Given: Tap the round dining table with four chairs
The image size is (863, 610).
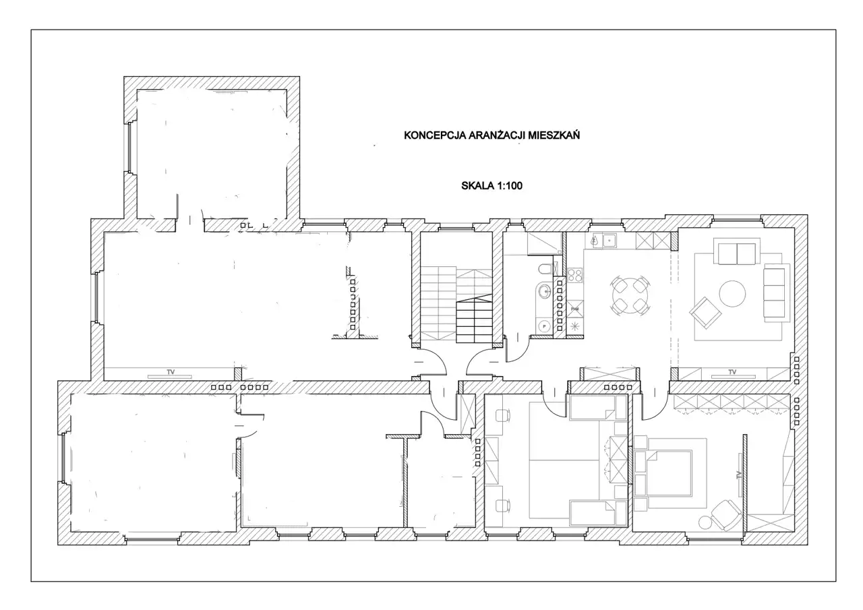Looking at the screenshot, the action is click(x=630, y=295).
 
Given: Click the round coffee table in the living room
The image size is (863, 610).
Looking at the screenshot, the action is click(x=732, y=293).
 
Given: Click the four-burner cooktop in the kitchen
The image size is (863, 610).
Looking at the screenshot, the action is click(x=575, y=275).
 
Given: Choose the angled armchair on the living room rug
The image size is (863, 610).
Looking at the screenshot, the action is click(x=705, y=312).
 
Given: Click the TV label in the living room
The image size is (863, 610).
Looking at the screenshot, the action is click(x=732, y=372).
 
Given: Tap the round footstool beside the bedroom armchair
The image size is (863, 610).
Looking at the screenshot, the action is click(x=706, y=522).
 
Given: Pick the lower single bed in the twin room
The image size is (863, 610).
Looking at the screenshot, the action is click(x=597, y=513).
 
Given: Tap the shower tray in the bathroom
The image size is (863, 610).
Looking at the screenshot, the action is click(x=544, y=243).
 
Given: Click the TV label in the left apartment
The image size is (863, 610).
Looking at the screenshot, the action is click(x=171, y=372).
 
